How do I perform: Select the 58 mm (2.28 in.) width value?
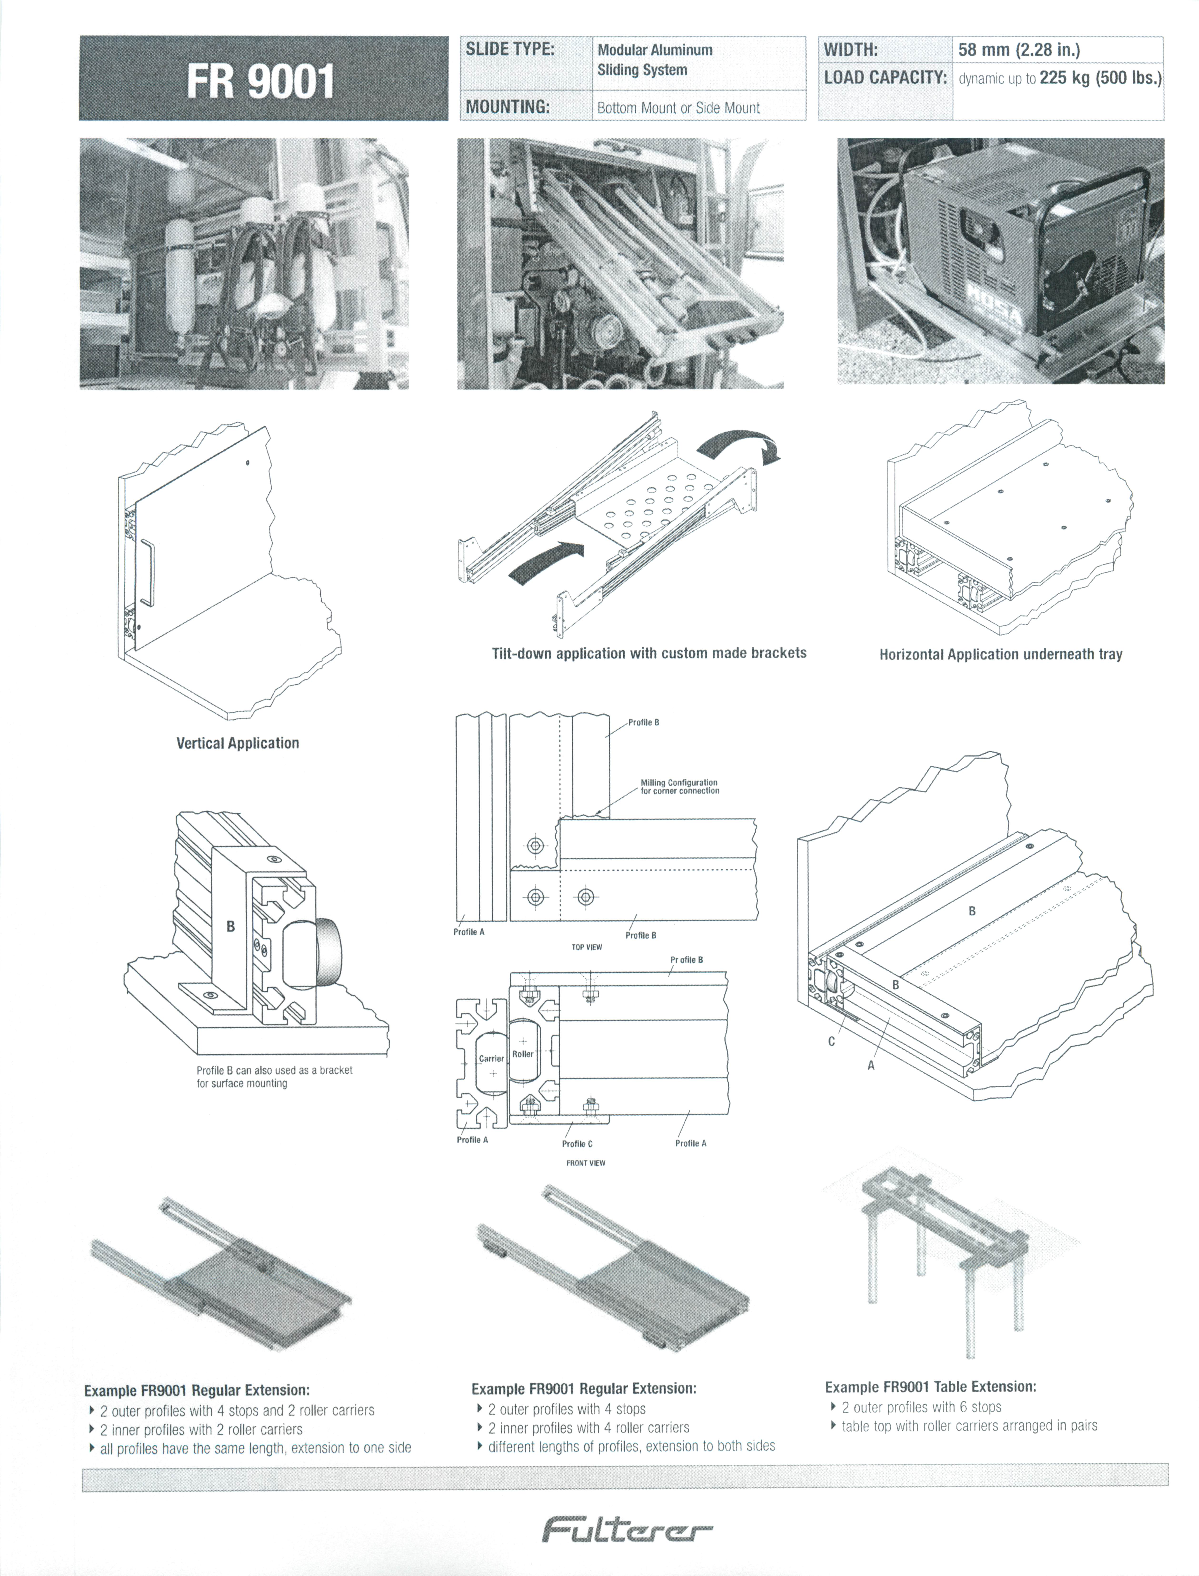(1018, 50)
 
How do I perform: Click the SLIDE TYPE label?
(510, 49)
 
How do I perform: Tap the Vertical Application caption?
(238, 743)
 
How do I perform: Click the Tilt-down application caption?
(649, 653)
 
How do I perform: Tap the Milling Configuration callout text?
(679, 787)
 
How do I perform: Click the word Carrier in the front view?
(491, 1059)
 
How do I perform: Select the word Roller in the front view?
(522, 1054)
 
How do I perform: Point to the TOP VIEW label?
(587, 947)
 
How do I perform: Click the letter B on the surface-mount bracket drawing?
(230, 926)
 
